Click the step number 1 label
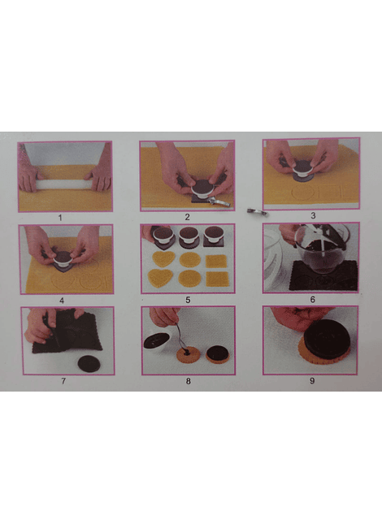pyautogui.click(x=60, y=218)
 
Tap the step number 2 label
pyautogui.click(x=187, y=217)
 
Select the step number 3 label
pyautogui.click(x=313, y=215)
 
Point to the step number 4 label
pyautogui.click(x=62, y=301)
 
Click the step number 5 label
pyautogui.click(x=188, y=300)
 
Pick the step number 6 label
pyautogui.click(x=312, y=300)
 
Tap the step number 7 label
pyautogui.click(x=63, y=381)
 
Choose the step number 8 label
pyautogui.click(x=189, y=381)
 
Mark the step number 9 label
pyautogui.click(x=312, y=381)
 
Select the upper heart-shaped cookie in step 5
pyautogui.click(x=163, y=260)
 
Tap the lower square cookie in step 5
pyautogui.click(x=216, y=279)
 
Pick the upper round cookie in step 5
pyautogui.click(x=190, y=260)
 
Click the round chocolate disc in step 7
pyautogui.click(x=89, y=364)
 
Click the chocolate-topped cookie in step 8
pyautogui.click(x=219, y=355)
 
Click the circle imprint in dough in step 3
pyautogui.click(x=303, y=193)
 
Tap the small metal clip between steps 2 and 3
pyautogui.click(x=257, y=211)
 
